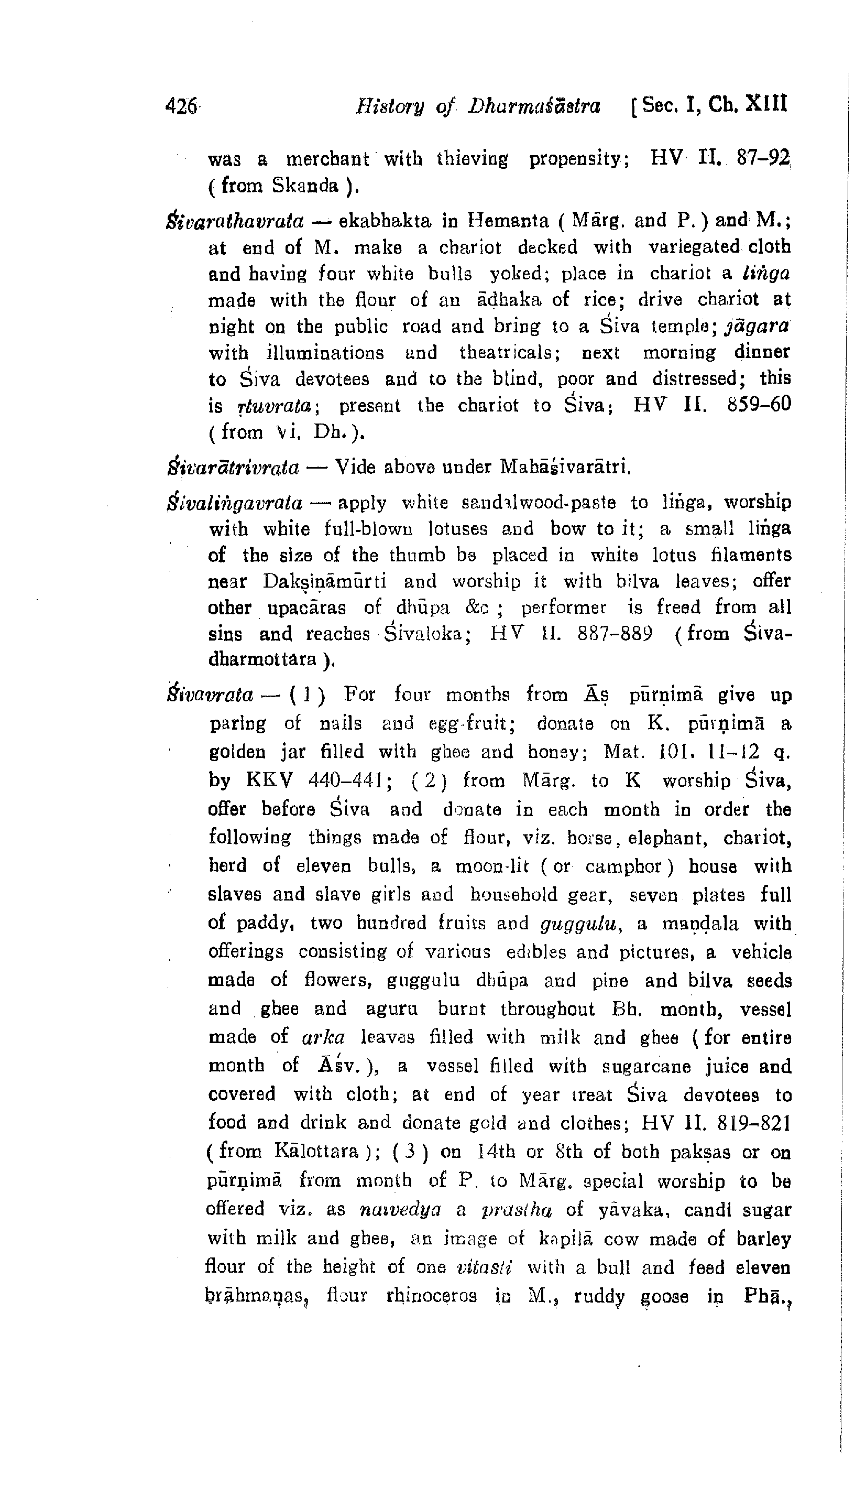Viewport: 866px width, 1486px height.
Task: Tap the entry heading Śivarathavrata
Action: click(x=236, y=221)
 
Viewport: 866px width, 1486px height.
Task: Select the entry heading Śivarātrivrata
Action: click(x=234, y=468)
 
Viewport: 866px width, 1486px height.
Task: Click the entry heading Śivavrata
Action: click(x=211, y=695)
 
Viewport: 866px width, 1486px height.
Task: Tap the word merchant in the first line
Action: click(x=328, y=159)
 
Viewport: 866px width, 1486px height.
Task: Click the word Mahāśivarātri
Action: click(x=565, y=468)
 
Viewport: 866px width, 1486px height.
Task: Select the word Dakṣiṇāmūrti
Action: click(x=324, y=582)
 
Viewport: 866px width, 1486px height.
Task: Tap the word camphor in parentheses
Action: click(x=626, y=866)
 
